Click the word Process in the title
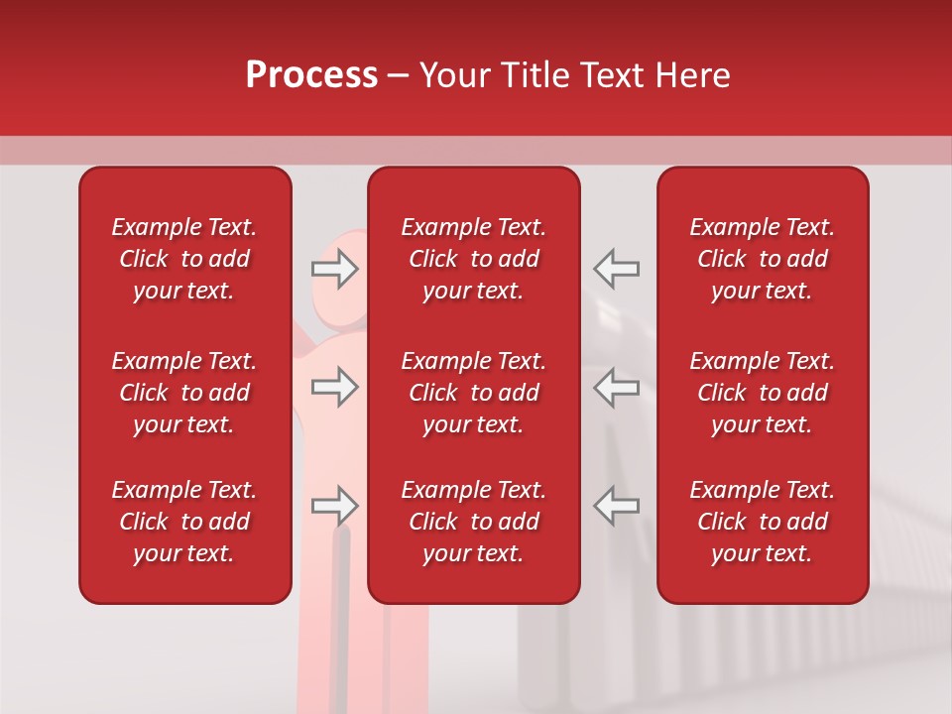[311, 75]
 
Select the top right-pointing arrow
[335, 269]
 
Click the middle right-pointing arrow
[335, 387]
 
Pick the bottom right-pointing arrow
[335, 506]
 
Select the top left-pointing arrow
[616, 269]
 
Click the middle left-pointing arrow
[616, 387]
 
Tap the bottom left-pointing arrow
[616, 506]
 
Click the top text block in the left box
[184, 259]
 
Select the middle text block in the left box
[184, 393]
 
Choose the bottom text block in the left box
[184, 522]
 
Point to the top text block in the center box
[473, 259]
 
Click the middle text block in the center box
[473, 393]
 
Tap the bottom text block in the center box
[473, 522]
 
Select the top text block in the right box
[762, 259]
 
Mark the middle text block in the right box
[762, 393]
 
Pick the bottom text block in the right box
[762, 522]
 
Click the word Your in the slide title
[454, 75]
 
